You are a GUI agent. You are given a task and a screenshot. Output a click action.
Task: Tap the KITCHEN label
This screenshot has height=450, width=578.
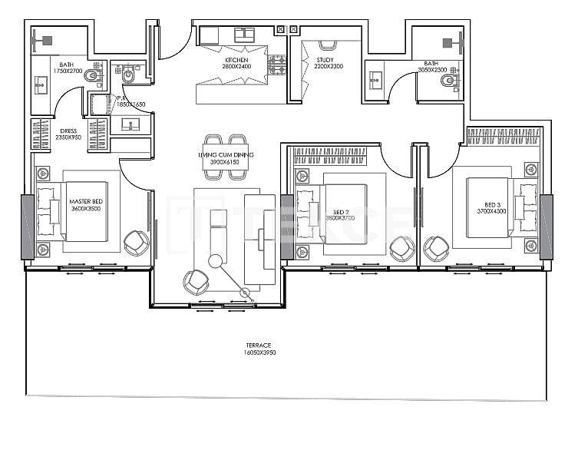click(x=236, y=59)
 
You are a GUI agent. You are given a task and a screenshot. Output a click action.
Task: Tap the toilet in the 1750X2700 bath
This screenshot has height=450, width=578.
click(x=92, y=76)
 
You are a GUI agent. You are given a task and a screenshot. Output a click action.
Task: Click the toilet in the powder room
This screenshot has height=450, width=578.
click(x=128, y=76)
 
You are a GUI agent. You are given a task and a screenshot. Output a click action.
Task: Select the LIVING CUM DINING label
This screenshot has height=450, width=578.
click(x=226, y=156)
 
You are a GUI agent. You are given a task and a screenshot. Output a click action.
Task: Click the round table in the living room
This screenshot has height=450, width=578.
click(x=216, y=262)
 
